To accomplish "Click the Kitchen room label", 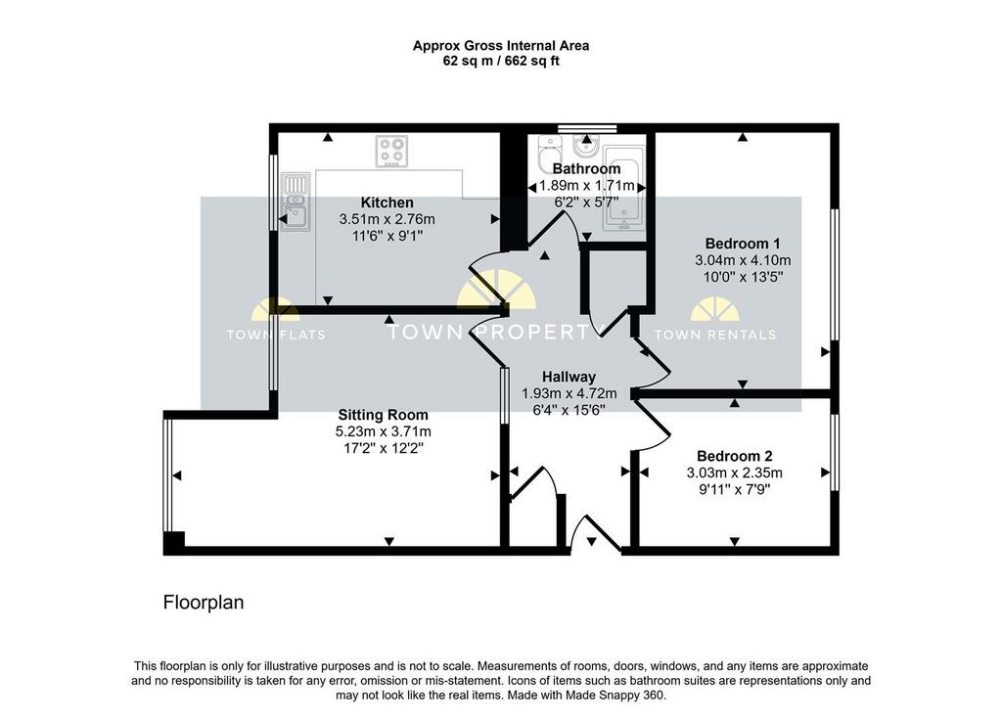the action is pyautogui.click(x=387, y=203).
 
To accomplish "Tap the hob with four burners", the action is pyautogui.click(x=391, y=152).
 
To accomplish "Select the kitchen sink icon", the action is pyautogui.click(x=296, y=202).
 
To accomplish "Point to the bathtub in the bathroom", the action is pyautogui.click(x=624, y=188).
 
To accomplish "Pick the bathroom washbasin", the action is pyautogui.click(x=586, y=146).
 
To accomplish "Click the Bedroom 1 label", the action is pyautogui.click(x=743, y=244).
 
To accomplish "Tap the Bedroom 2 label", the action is pyautogui.click(x=734, y=456).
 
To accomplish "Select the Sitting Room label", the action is pyautogui.click(x=383, y=415).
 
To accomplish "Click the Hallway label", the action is pyautogui.click(x=569, y=377).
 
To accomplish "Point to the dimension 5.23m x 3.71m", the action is pyautogui.click(x=383, y=431).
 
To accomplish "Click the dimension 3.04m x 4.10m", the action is pyautogui.click(x=743, y=260).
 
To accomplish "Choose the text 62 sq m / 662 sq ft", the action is pyautogui.click(x=501, y=62).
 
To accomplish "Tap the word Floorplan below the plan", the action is pyautogui.click(x=204, y=603).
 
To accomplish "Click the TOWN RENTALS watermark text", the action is pyautogui.click(x=715, y=334).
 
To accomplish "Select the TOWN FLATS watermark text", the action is pyautogui.click(x=276, y=334).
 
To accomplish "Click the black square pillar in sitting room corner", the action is pyautogui.click(x=174, y=542).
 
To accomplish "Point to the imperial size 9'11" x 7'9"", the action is pyautogui.click(x=734, y=490).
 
